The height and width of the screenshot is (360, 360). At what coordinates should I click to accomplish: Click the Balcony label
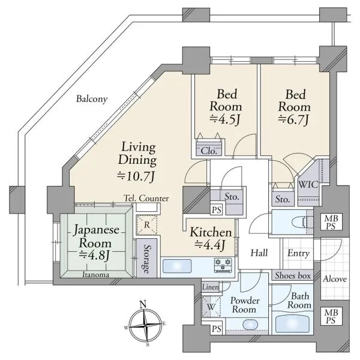pos(92,99)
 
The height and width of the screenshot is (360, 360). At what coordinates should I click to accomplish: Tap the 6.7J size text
pos(294,120)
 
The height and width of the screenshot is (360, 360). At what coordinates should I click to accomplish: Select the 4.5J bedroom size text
pos(226,119)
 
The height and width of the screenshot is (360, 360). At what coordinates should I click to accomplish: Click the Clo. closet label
pos(209,151)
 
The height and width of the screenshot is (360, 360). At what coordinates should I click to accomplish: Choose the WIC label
pos(308,184)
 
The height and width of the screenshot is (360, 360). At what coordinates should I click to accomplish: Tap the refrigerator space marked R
pos(147,225)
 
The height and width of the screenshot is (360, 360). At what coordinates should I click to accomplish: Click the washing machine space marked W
pos(211,307)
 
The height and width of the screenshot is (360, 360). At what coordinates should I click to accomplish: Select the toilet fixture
pos(302,222)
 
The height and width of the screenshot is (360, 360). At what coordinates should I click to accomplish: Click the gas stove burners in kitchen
pos(223,265)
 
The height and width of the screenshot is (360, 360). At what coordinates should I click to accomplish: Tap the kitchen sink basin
pos(177,266)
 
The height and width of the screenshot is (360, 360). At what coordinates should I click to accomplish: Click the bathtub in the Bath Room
pos(292,323)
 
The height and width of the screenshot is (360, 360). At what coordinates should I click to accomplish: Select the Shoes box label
pos(293,275)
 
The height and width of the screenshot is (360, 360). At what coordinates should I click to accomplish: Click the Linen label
pos(211,287)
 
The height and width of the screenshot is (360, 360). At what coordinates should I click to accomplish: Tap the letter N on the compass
pos(143,305)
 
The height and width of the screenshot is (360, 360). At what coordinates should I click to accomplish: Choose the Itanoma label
pos(95,275)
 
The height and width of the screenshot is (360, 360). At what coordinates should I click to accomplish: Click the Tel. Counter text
pos(146,199)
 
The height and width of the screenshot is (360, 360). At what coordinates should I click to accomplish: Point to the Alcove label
pos(335,279)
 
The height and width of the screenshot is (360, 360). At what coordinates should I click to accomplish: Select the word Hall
pos(259,253)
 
